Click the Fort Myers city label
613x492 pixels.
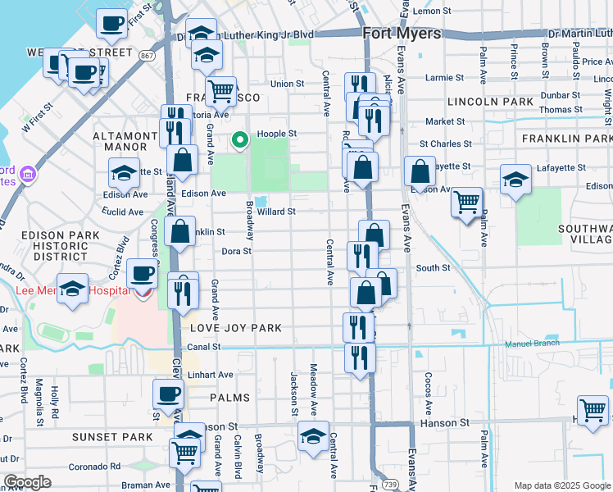402,34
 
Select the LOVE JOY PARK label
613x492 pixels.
236,328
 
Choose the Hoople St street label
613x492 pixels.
276,134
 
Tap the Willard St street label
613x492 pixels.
275,212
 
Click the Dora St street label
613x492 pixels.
235,251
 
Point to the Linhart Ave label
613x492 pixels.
210,375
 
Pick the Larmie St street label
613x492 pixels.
446,78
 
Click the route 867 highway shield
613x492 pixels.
147,56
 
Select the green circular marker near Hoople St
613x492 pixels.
240,140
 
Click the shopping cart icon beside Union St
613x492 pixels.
220,91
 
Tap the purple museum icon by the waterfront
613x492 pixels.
29,174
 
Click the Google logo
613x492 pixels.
27,482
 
